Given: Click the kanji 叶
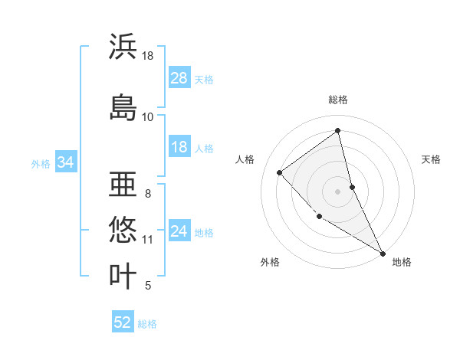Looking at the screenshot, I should (123, 276).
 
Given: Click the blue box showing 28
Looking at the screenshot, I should (179, 78).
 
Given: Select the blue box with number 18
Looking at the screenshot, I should (179, 147).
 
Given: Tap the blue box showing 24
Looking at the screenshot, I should (179, 231).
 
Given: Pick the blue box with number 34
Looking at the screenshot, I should (65, 162).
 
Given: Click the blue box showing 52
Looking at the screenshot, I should (123, 322).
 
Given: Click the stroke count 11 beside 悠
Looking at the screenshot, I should (148, 240).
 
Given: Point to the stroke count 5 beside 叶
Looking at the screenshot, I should (147, 286).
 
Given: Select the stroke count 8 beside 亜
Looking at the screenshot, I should (147, 194).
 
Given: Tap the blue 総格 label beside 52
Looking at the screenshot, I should (147, 324).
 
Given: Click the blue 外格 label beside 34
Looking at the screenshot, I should (41, 163).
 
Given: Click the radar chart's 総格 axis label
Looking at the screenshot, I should (337, 100).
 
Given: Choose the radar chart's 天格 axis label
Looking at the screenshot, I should (431, 159).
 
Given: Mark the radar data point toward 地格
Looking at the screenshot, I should (383, 253).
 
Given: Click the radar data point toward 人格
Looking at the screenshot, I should (280, 172).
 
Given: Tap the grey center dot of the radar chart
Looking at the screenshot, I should (337, 191).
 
